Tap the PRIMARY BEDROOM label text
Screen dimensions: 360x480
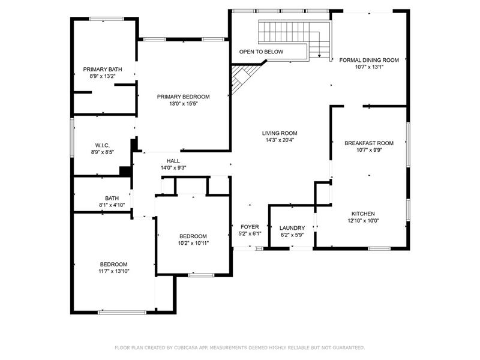[183, 97]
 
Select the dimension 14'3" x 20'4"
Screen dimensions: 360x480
[279, 140]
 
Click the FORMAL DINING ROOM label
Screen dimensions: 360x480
[369, 60]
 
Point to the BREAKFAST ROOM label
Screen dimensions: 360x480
[369, 143]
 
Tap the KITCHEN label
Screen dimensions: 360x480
[363, 214]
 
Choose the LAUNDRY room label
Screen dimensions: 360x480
[292, 228]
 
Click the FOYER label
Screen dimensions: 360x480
[250, 227]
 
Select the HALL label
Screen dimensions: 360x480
[173, 161]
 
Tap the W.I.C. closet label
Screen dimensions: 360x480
[101, 145]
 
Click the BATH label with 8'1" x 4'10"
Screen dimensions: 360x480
[112, 198]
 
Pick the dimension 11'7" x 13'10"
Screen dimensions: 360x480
[113, 271]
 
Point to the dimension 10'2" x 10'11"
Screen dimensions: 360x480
[193, 243]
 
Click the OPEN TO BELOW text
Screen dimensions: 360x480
[261, 52]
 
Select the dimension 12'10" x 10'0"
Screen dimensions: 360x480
[363, 221]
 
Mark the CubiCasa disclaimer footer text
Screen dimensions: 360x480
[239, 347]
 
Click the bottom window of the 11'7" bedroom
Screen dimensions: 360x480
[122, 312]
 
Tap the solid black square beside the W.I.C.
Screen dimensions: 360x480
[125, 171]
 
